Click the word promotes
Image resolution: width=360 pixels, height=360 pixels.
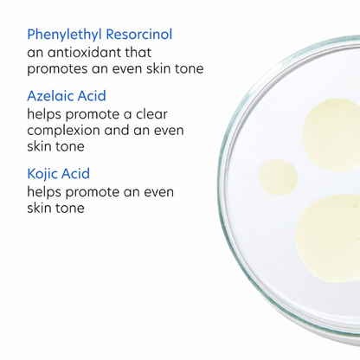pos(61,68)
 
